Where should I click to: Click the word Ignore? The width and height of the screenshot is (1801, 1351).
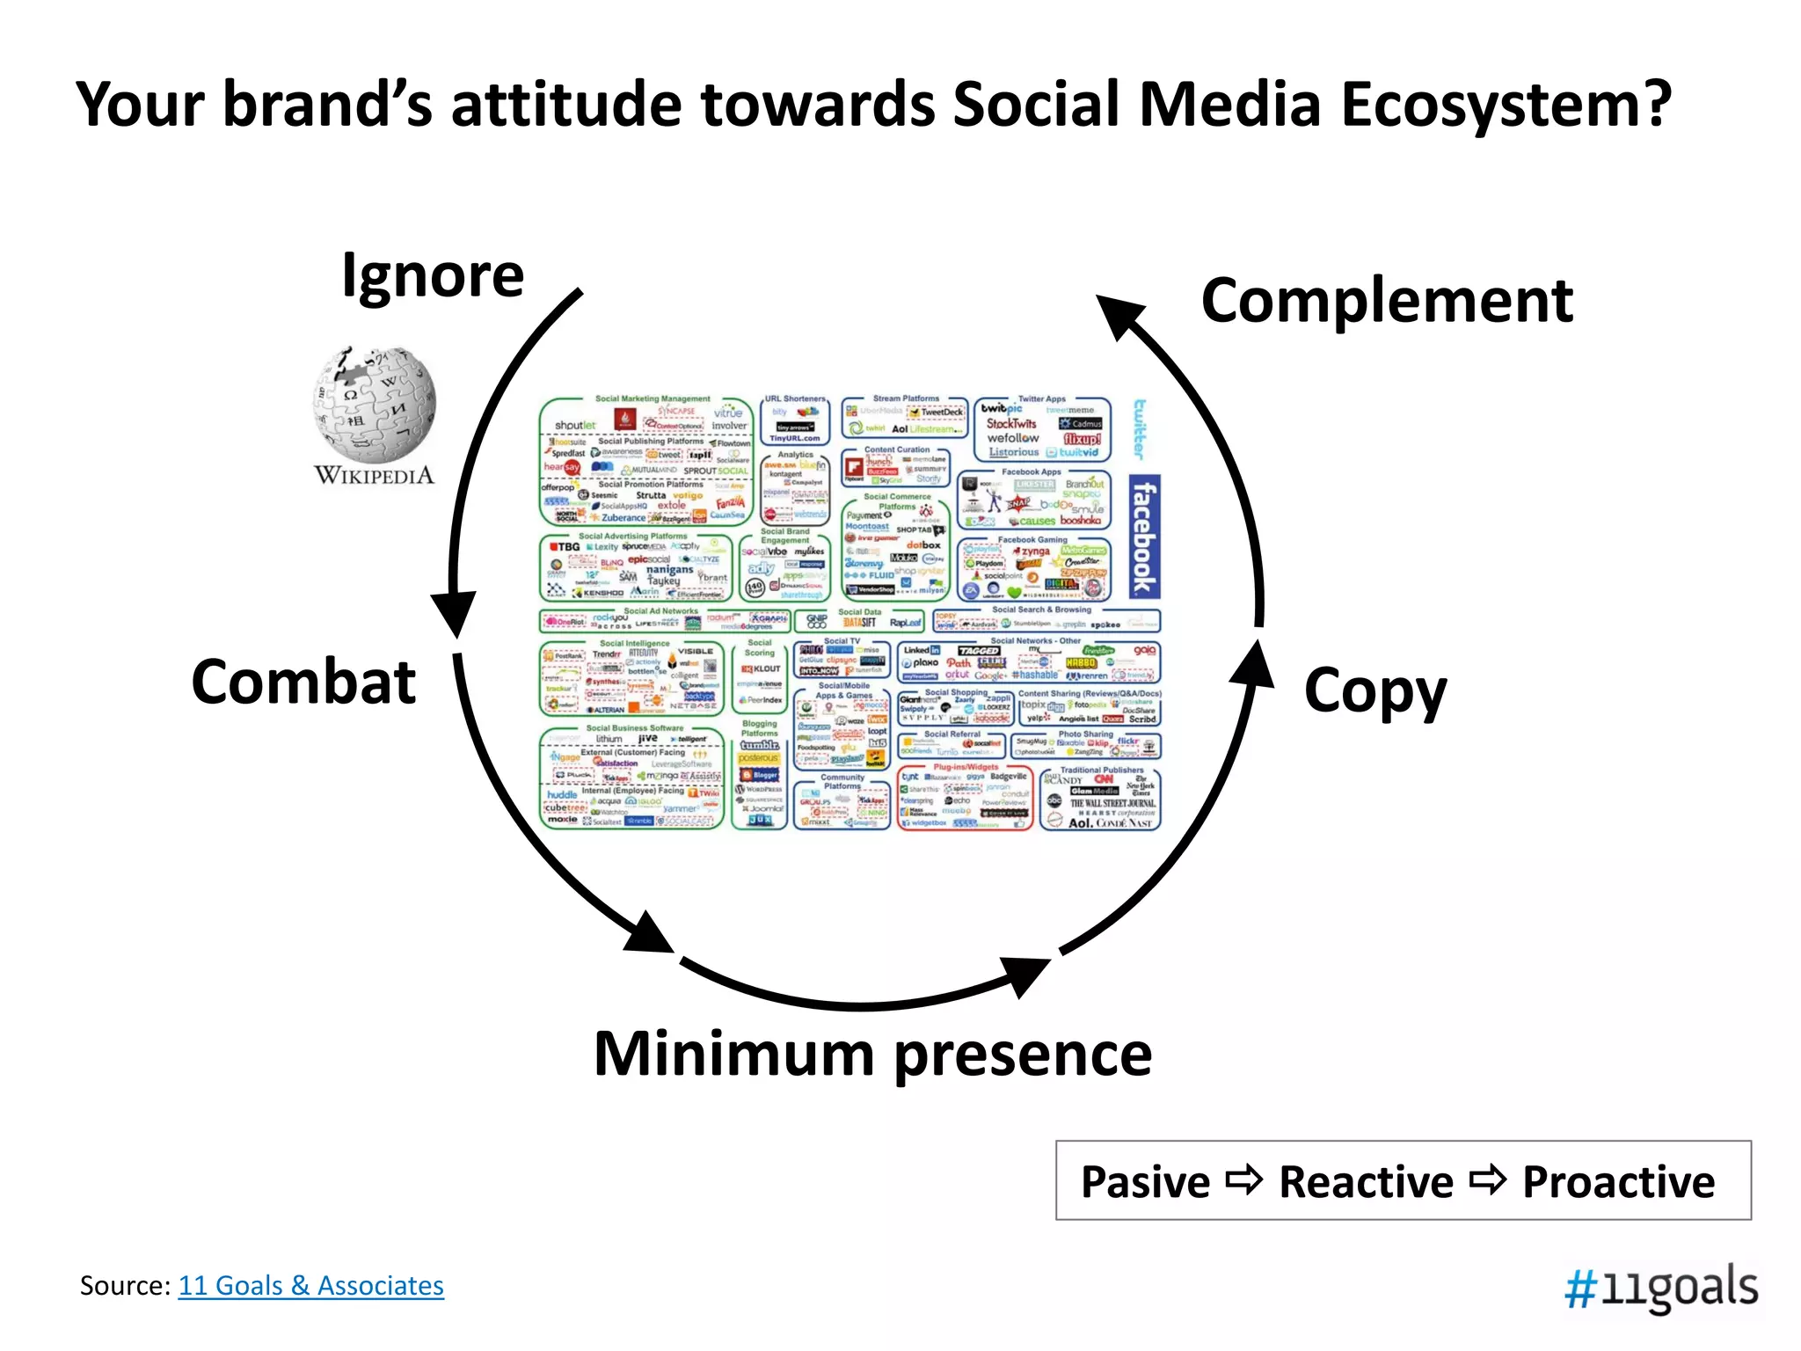pyautogui.click(x=433, y=277)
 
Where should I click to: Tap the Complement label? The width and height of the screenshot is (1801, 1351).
pyautogui.click(x=1387, y=302)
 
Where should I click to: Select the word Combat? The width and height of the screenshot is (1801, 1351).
pyautogui.click(x=303, y=683)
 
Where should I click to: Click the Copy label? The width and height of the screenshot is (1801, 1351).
pyautogui.click(x=1374, y=692)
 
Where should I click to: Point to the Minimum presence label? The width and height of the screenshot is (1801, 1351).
pyautogui.click(x=872, y=1054)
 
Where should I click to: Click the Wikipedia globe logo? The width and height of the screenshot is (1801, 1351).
pyautogui.click(x=375, y=405)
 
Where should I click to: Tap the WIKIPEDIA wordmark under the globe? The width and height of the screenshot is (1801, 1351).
pyautogui.click(x=375, y=476)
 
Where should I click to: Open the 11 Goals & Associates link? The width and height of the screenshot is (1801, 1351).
pyautogui.click(x=310, y=1286)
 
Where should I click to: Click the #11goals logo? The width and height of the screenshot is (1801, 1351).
pyautogui.click(x=1660, y=1289)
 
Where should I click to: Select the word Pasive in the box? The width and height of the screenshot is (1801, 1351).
pyautogui.click(x=1145, y=1182)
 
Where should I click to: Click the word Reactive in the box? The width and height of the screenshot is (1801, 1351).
pyautogui.click(x=1366, y=1182)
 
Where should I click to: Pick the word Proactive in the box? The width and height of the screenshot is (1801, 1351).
pyautogui.click(x=1618, y=1182)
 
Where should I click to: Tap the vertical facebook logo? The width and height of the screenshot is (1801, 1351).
pyautogui.click(x=1143, y=537)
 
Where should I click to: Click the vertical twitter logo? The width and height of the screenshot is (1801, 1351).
pyautogui.click(x=1140, y=428)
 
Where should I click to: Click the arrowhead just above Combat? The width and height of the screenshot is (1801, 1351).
pyautogui.click(x=454, y=613)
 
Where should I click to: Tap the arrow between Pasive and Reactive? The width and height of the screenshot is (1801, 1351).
pyautogui.click(x=1243, y=1180)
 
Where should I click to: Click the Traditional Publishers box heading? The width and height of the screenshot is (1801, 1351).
pyautogui.click(x=1101, y=770)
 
